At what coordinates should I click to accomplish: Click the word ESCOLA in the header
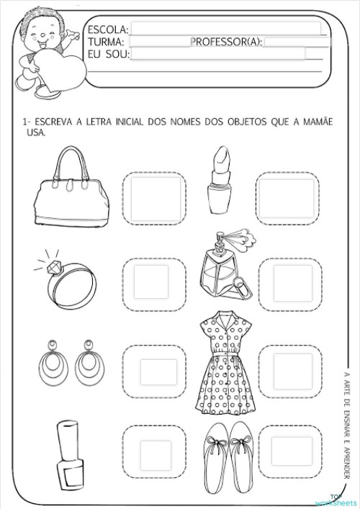coord(107,30)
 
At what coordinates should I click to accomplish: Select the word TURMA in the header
coord(106,42)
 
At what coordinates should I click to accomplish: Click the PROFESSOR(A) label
coord(226,42)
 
